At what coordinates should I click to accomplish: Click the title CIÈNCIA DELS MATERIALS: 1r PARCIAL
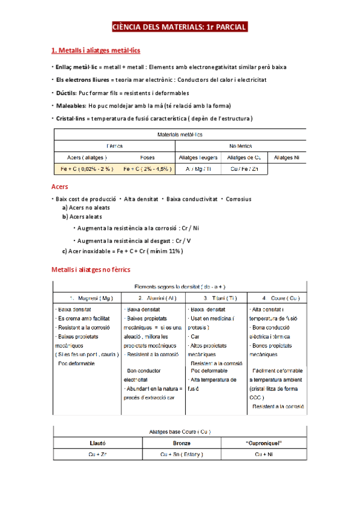(x=180, y=28)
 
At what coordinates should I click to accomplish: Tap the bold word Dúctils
(x=66, y=93)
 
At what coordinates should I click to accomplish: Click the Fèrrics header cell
(x=114, y=146)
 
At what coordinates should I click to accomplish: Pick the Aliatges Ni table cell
(x=286, y=158)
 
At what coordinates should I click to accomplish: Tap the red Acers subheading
(x=60, y=186)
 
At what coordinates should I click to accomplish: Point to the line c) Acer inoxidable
(x=123, y=251)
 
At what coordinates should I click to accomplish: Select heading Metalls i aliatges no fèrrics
(x=91, y=269)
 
